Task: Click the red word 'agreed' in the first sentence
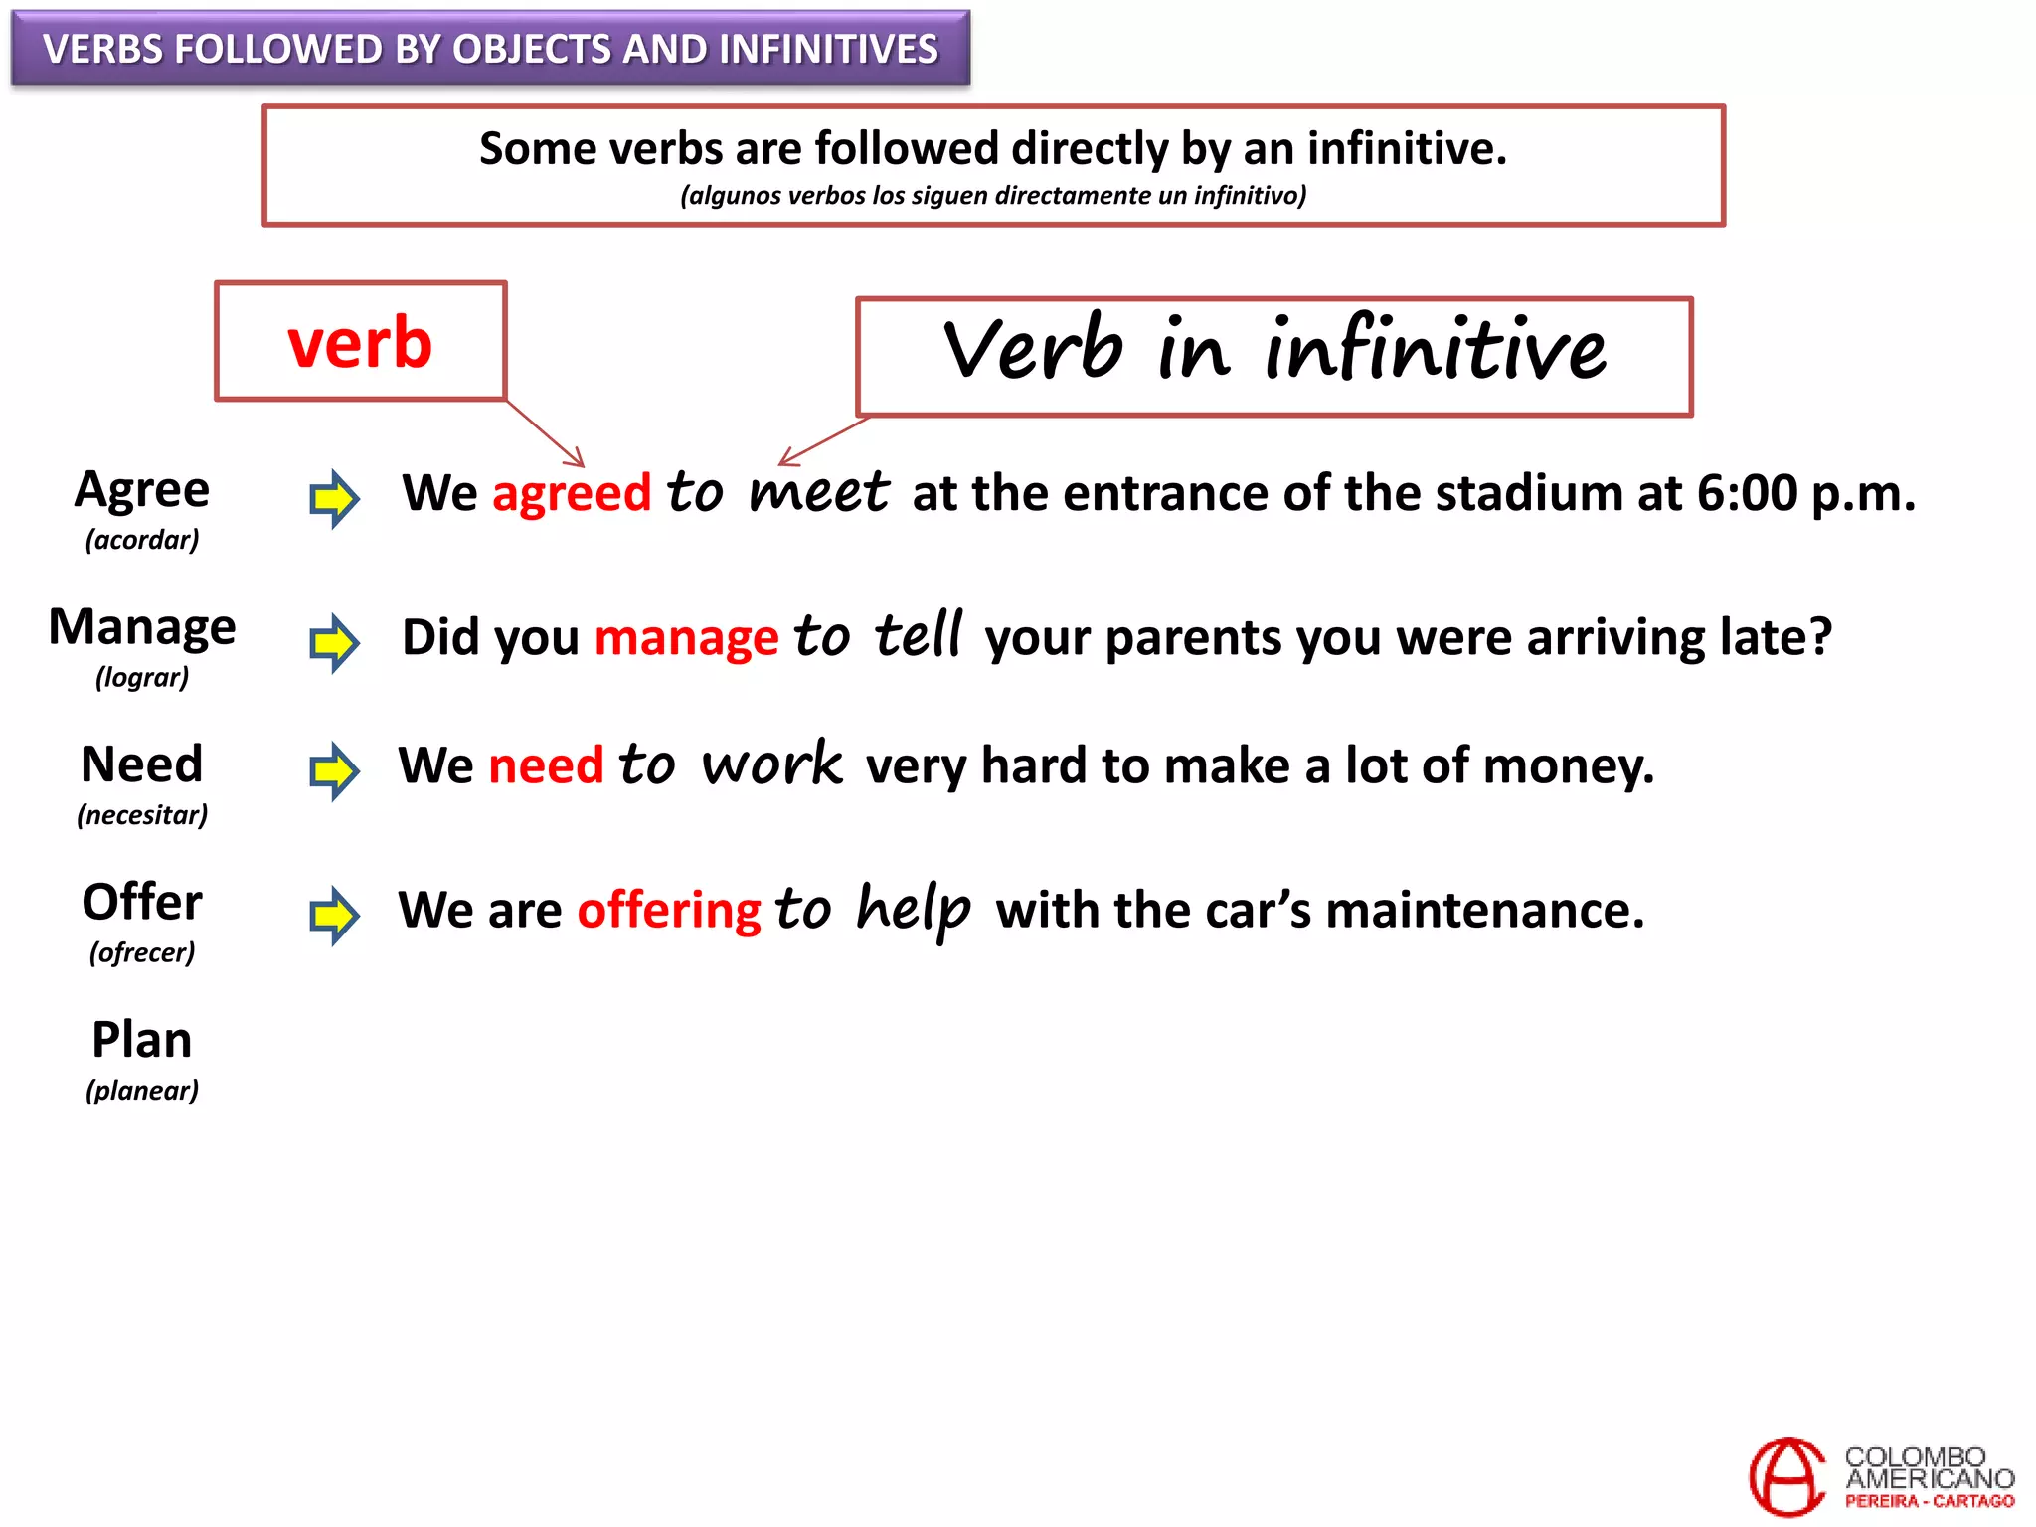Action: (x=572, y=494)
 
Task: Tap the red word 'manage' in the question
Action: (x=686, y=638)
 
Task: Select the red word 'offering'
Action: (x=669, y=911)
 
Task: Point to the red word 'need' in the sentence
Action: (x=546, y=766)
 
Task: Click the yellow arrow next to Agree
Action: (x=334, y=498)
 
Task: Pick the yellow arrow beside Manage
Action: (x=334, y=642)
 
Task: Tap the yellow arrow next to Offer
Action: (x=334, y=915)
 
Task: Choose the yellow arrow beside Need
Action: (x=334, y=770)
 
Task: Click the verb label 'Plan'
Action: (x=142, y=1041)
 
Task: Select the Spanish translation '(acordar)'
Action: (x=142, y=540)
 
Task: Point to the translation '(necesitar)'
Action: (x=142, y=815)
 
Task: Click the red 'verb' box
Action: (x=360, y=342)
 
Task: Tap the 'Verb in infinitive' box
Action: (x=1273, y=356)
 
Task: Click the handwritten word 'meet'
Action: (x=818, y=493)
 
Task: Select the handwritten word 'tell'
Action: (x=919, y=635)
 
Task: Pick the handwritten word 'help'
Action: (x=913, y=909)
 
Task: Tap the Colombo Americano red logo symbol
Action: (x=1786, y=1476)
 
